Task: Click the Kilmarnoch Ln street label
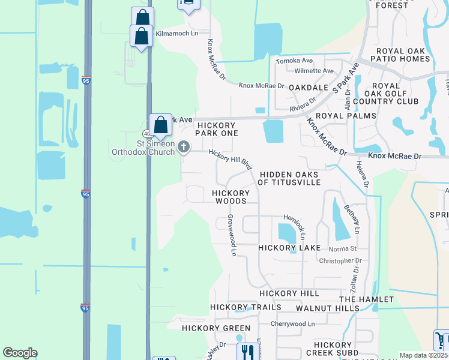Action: point(176,34)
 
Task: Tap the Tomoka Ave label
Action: point(294,61)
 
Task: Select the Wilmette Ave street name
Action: point(314,71)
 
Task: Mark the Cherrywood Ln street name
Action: point(292,324)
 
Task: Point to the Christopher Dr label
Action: point(340,261)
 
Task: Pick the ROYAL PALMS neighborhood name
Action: point(346,116)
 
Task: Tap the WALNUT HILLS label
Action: point(328,308)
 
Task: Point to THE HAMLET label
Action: point(366,299)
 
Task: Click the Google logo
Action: point(20,353)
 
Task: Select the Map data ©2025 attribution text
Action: point(423,355)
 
